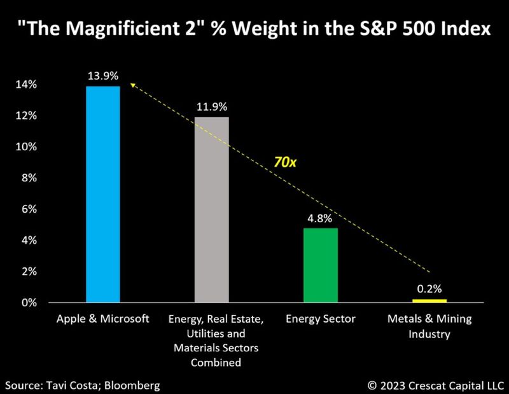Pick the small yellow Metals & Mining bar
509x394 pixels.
click(x=429, y=300)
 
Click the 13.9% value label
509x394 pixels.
click(x=103, y=76)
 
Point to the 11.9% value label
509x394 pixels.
click(x=211, y=107)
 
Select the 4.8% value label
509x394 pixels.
click(x=321, y=218)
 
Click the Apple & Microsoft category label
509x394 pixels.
click(x=103, y=319)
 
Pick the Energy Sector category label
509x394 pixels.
click(x=321, y=319)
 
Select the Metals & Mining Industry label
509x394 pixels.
click(x=429, y=326)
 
